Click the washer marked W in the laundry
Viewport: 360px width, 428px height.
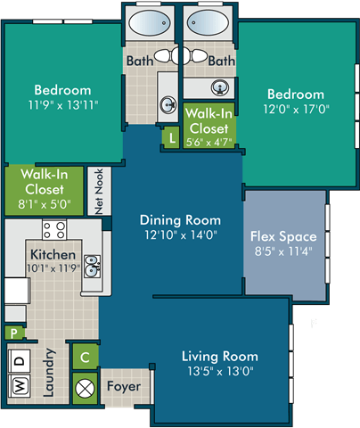[x=17, y=387]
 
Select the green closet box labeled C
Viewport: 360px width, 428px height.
[x=85, y=357]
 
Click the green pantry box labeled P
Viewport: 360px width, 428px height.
[x=13, y=333]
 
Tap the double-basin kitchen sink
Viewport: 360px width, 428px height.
[x=92, y=266]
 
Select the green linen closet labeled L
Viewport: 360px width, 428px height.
[x=171, y=137]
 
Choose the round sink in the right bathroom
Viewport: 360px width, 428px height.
[x=217, y=87]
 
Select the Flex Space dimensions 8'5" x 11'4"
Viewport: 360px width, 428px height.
[x=283, y=251]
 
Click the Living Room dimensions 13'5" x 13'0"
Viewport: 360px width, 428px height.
[x=218, y=370]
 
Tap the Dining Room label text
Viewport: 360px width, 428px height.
[x=179, y=219]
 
